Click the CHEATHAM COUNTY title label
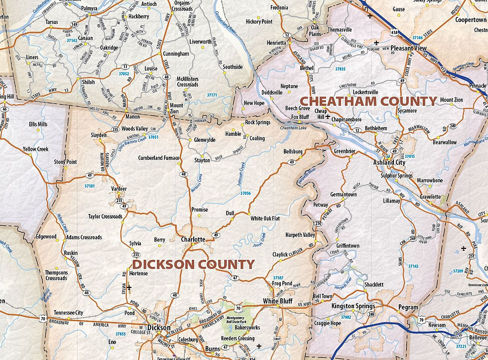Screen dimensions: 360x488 [x=367, y=101]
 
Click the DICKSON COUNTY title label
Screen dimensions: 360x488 [x=193, y=264]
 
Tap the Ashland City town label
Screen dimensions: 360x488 [x=389, y=162]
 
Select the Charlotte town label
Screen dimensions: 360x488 [x=193, y=240]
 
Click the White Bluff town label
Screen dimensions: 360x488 [x=277, y=301]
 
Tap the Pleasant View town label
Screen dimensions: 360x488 [x=408, y=48]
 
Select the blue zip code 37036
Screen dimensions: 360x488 [x=245, y=193]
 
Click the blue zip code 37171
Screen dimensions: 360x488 [x=212, y=95]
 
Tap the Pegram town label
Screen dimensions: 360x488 [x=408, y=307]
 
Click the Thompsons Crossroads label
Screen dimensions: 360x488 [x=56, y=275]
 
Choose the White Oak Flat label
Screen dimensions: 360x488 [x=265, y=219]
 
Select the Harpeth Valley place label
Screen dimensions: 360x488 [x=300, y=235]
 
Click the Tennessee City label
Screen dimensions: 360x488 [x=69, y=312]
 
